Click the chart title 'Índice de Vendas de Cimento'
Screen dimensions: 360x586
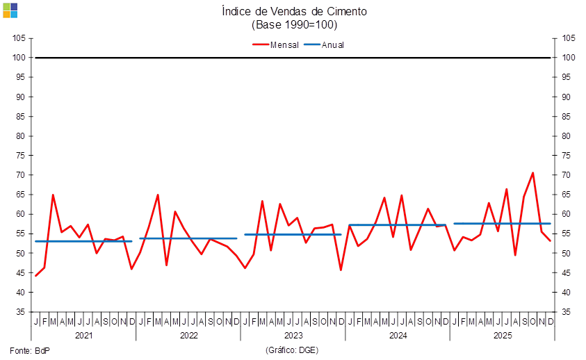293,11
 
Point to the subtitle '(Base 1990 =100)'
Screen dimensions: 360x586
293,24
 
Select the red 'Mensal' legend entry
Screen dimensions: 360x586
275,44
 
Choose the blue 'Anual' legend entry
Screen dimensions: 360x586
325,44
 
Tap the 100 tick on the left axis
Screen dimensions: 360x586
21,58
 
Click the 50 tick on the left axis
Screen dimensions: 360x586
21,254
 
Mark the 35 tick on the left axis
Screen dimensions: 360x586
21,312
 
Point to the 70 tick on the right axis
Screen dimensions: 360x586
567,175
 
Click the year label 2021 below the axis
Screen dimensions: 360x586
83,336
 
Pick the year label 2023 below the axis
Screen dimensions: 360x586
293,336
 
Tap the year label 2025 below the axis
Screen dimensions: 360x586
502,336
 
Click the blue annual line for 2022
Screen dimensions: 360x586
188,238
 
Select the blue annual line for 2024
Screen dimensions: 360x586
397,225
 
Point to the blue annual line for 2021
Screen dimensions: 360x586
83,241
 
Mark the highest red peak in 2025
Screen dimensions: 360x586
533,172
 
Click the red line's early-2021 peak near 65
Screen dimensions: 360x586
53,195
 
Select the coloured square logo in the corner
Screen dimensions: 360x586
10,10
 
